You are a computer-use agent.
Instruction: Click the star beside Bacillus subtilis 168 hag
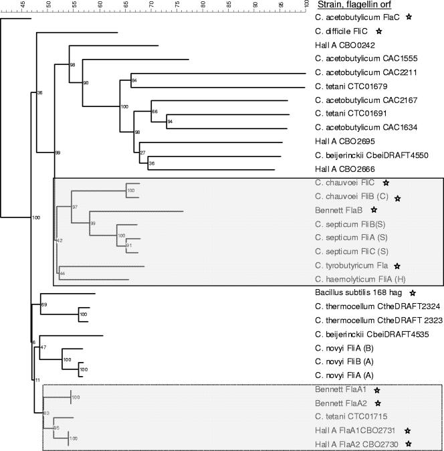tap(412, 293)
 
